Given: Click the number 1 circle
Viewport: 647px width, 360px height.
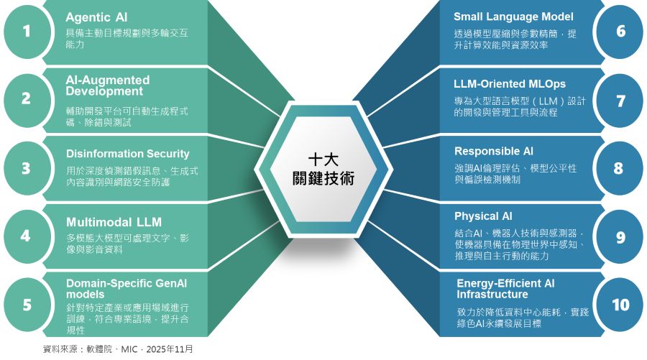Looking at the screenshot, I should click(27, 31).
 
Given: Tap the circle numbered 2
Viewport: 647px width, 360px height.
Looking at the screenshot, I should click(27, 99).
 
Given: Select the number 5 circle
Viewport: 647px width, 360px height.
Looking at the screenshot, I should click(27, 305).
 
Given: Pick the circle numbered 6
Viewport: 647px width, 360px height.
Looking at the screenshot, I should click(620, 31).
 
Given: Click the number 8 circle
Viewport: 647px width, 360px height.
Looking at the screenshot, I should click(618, 168).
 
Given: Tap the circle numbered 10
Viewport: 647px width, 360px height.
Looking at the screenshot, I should click(620, 305).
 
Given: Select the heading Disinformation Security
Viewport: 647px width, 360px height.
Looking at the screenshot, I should click(127, 154).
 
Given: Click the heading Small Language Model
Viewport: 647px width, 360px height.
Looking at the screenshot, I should click(513, 17).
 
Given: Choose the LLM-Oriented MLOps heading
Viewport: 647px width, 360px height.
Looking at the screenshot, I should click(510, 83).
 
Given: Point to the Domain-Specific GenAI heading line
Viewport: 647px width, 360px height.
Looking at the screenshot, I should click(126, 283).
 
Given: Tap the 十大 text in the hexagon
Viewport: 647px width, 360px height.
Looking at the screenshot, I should click(323, 160).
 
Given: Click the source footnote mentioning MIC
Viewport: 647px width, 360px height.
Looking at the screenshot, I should click(118, 349).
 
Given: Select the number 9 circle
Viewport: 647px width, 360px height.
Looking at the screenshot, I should click(620, 237).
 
